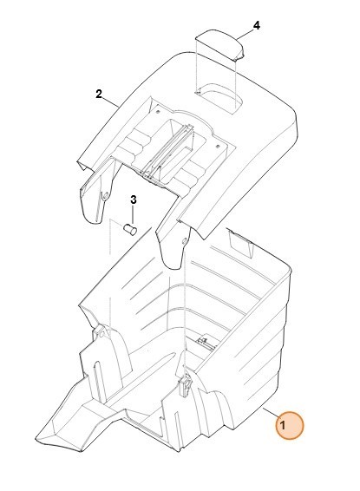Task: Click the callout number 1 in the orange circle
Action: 283,426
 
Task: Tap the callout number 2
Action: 99,94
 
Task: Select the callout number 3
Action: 134,200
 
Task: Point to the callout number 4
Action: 257,25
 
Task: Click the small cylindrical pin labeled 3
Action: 130,229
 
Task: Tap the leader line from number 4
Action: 245,34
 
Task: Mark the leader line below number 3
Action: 133,215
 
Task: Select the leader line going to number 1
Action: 270,413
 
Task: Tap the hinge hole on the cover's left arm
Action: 105,196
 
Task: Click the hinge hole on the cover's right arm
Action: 184,241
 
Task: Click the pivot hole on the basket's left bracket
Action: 101,334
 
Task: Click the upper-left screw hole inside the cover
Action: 158,111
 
